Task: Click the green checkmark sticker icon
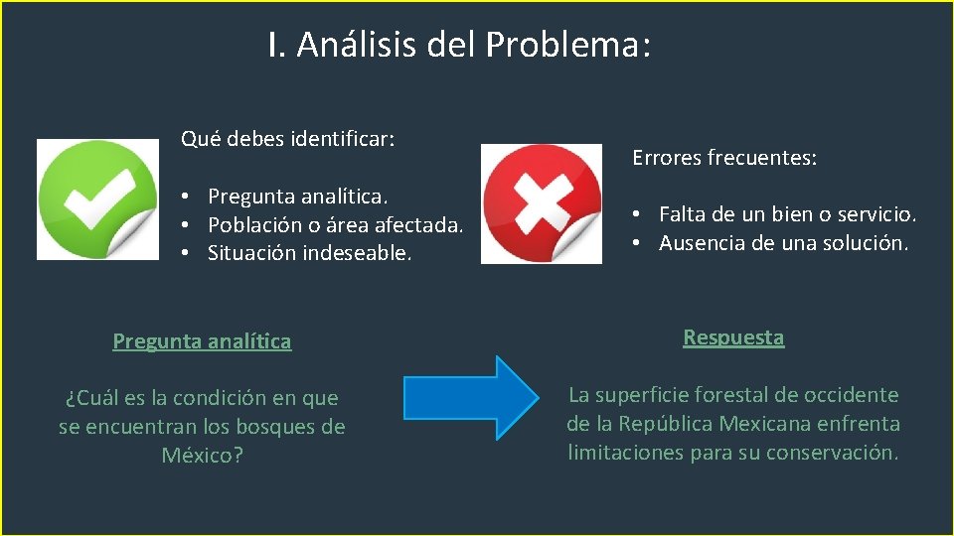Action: (97, 200)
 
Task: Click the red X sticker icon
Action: (542, 203)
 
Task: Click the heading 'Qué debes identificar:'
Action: (287, 138)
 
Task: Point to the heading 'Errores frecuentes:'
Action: (724, 158)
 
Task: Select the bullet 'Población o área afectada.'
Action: (335, 224)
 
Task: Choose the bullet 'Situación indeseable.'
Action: (309, 253)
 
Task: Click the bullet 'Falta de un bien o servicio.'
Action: (787, 214)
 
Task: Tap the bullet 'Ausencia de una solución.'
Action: (783, 243)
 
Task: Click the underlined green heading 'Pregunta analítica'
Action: (202, 341)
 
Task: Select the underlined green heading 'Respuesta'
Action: (733, 337)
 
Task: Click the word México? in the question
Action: (202, 456)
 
